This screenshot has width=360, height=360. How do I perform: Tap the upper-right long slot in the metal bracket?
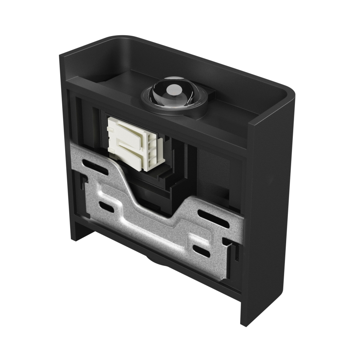click(213, 218)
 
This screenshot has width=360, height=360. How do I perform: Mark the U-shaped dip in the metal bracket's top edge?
click(158, 207)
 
